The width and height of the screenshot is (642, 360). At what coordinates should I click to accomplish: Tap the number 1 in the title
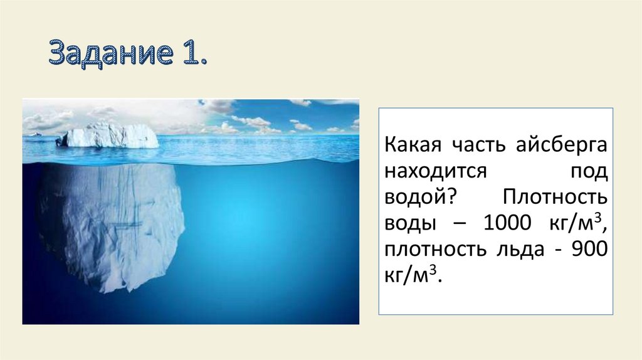[x=191, y=54]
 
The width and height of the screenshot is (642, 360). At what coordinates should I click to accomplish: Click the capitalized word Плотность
[x=555, y=198]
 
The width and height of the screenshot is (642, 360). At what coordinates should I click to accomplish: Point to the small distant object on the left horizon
[x=35, y=134]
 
